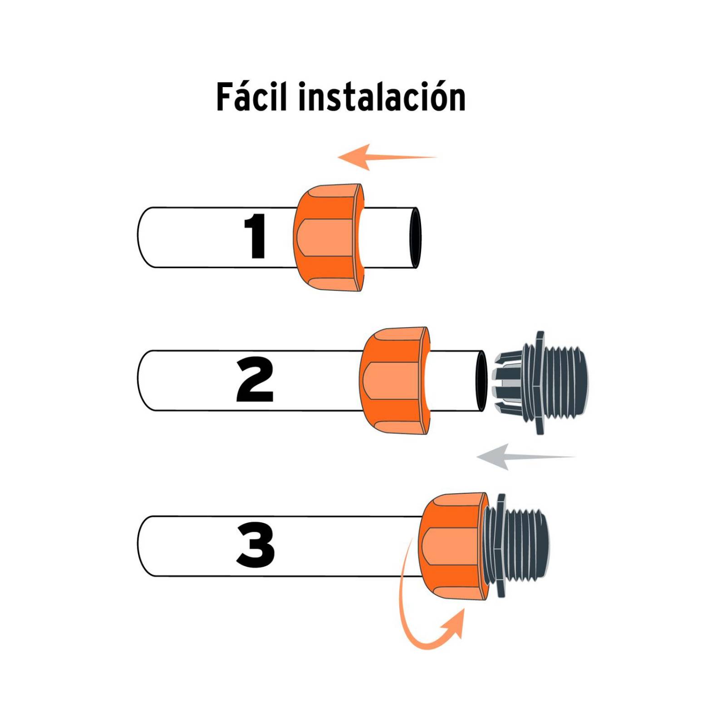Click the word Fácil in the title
[x=252, y=97]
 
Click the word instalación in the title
[x=382, y=97]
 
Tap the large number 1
[x=255, y=236]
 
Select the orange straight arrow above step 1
[x=386, y=157]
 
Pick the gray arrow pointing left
[x=522, y=456]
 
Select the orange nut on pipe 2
[x=394, y=380]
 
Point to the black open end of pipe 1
[x=415, y=238]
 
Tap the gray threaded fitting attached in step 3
[x=517, y=545]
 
